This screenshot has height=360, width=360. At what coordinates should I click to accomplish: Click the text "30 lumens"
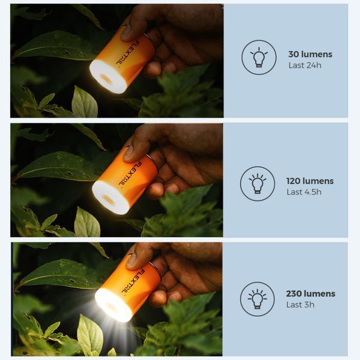pos(310,55)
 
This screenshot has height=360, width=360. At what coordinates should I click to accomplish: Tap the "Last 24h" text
pos(305,65)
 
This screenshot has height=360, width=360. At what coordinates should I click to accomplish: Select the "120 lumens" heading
pos(310,181)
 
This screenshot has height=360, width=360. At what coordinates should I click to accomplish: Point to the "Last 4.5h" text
pos(304,192)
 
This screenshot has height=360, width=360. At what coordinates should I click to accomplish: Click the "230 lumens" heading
pos(311,293)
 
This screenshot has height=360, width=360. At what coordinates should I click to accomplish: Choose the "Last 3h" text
pos(300,305)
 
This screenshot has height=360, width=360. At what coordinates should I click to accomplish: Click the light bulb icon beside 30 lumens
pos(259,58)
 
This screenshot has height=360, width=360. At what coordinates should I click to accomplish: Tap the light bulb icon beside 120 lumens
pos(257,184)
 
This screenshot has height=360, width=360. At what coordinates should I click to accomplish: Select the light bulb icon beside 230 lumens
pos(257,299)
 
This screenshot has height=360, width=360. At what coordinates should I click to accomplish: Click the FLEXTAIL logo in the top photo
pos(127,53)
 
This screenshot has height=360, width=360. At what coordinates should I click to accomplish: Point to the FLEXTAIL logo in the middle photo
pos(130,173)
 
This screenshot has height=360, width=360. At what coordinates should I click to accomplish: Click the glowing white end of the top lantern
pos(107,77)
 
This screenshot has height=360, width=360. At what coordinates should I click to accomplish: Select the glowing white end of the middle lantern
pos(110,197)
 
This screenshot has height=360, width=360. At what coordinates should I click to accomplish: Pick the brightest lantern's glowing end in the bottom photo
pos(113,305)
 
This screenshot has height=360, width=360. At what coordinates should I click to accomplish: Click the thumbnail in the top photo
pos(127,33)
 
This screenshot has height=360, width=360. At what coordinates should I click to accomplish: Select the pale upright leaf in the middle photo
pos(87,222)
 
